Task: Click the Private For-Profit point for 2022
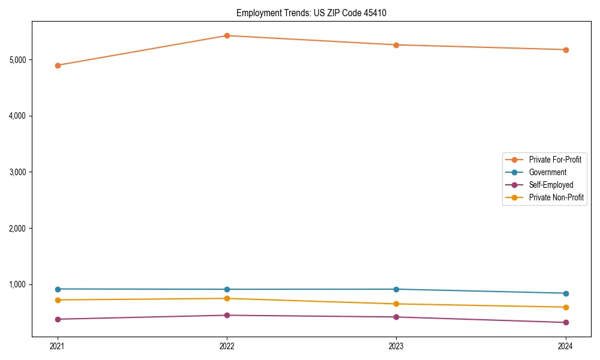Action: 227,35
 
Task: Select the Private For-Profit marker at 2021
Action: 58,65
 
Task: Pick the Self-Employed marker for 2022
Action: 227,315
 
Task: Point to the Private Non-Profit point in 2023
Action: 396,304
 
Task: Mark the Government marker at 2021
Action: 58,289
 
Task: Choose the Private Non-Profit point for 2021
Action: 58,300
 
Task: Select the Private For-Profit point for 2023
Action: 396,45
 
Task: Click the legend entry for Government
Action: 547,172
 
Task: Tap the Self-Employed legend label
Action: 551,185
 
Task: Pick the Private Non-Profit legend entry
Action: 556,197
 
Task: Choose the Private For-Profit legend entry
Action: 555,160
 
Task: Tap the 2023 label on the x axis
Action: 396,346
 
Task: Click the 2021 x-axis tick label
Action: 58,346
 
